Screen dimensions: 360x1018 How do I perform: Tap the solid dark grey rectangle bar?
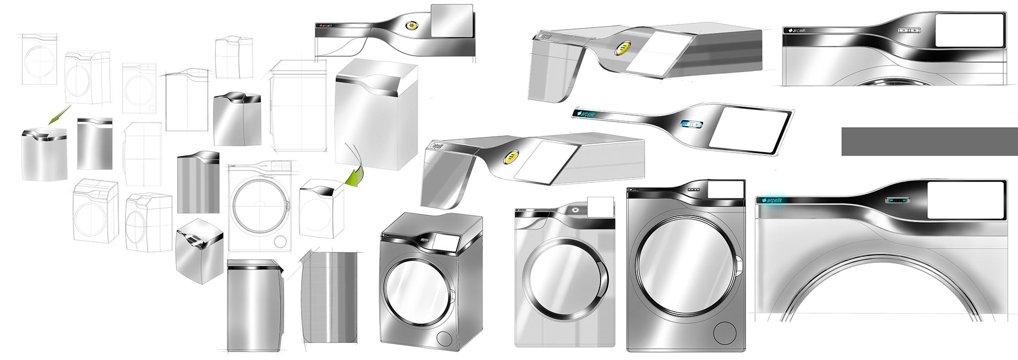pos(929,142)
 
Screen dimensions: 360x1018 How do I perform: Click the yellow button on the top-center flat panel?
pos(410,25)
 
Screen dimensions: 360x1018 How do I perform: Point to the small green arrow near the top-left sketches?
pos(59,115)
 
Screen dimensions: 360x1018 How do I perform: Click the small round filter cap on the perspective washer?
pos(443,338)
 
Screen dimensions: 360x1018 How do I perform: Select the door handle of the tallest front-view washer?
pos(739,265)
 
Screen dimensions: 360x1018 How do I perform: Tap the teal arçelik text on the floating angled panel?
pos(589,113)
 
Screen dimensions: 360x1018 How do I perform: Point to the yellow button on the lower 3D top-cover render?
pos(510,157)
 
